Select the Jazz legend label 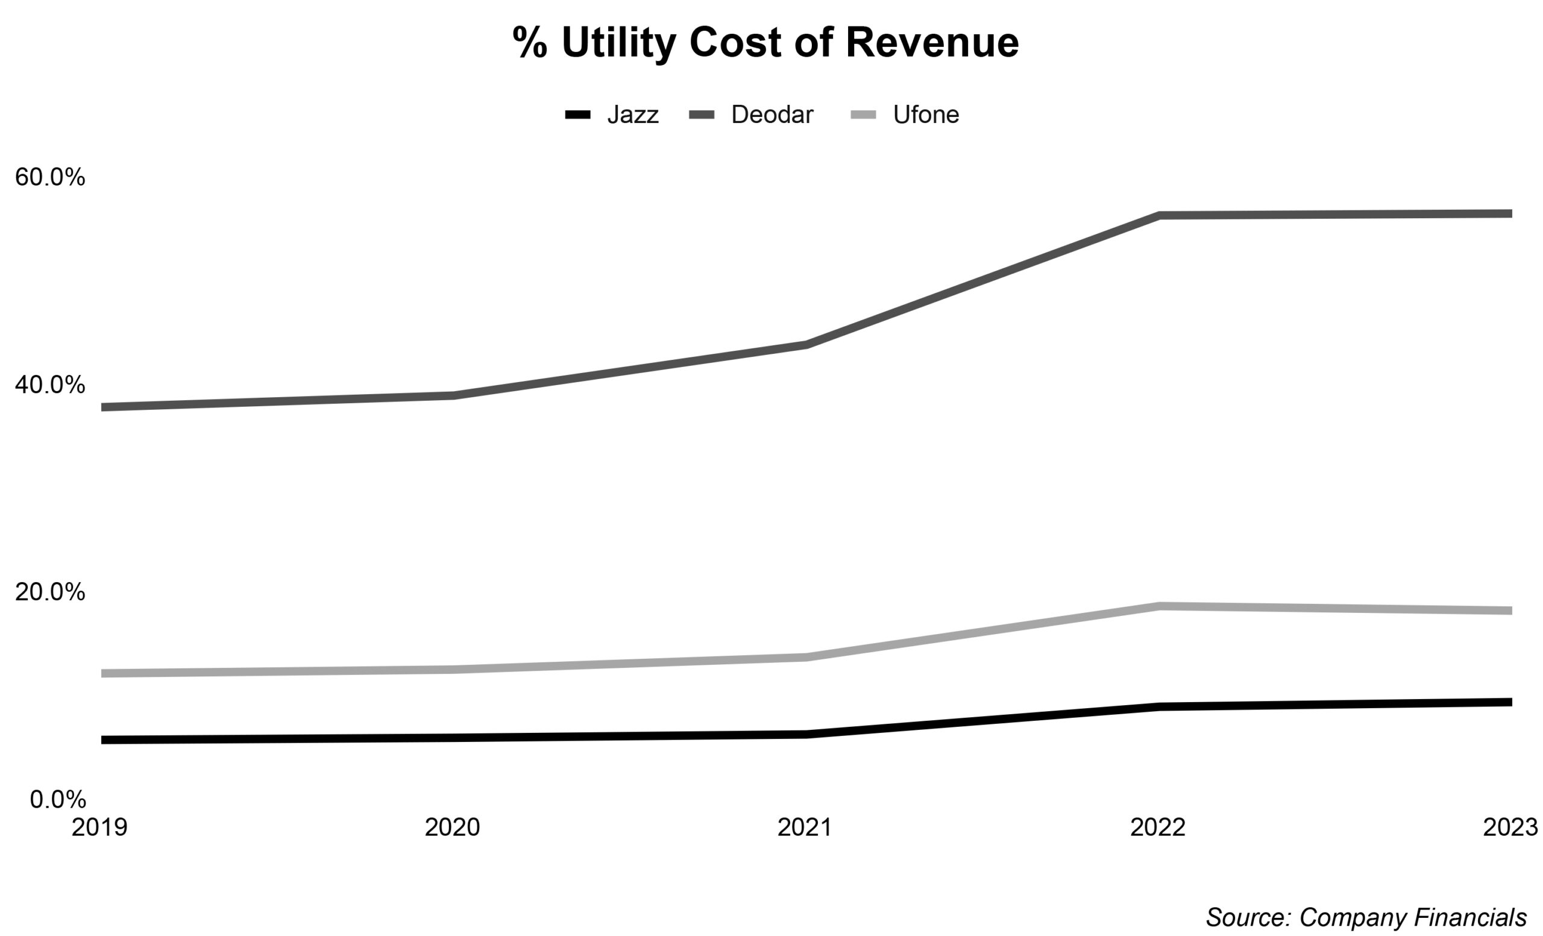pyautogui.click(x=632, y=115)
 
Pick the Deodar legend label pyautogui.click(x=771, y=115)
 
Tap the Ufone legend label pyautogui.click(x=926, y=115)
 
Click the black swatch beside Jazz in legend pyautogui.click(x=577, y=115)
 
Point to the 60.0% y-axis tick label pyautogui.click(x=50, y=177)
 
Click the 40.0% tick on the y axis pyautogui.click(x=50, y=385)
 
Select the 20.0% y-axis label pyautogui.click(x=50, y=592)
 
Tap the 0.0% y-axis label pyautogui.click(x=58, y=799)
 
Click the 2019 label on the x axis pyautogui.click(x=99, y=827)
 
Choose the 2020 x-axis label pyautogui.click(x=452, y=827)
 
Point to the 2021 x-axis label pyautogui.click(x=805, y=827)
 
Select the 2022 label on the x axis pyautogui.click(x=1157, y=827)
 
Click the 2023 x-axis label pyautogui.click(x=1509, y=827)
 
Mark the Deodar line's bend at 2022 pyautogui.click(x=1159, y=215)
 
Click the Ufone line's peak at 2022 pyautogui.click(x=1159, y=606)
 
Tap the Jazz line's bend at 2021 pyautogui.click(x=806, y=735)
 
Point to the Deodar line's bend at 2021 pyautogui.click(x=806, y=344)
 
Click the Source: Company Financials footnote pyautogui.click(x=1366, y=917)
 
